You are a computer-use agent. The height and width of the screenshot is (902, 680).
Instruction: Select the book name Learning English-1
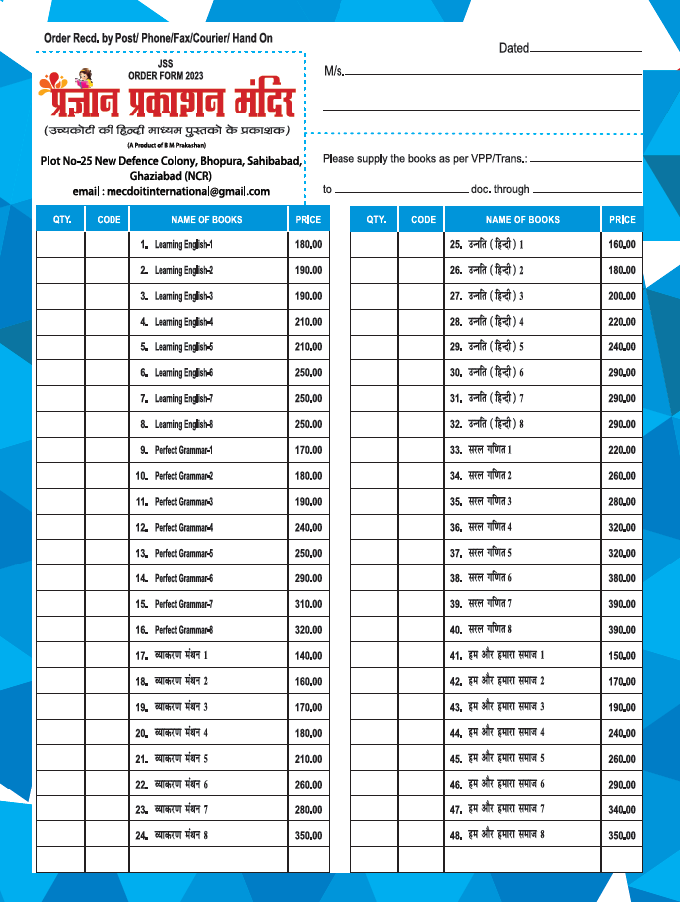coord(184,245)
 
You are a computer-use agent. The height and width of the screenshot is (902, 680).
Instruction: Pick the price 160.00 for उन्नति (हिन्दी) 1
coord(622,245)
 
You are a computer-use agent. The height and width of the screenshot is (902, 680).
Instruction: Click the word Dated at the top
coord(514,48)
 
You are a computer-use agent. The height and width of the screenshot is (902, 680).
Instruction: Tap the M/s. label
coord(334,71)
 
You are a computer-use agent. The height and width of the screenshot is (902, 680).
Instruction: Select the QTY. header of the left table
coord(61,219)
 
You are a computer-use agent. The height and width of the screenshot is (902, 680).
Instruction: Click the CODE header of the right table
coord(423,219)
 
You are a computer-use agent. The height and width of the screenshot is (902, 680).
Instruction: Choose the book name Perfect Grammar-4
coord(184,528)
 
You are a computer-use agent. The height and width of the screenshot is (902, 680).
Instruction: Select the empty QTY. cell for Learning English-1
coord(61,245)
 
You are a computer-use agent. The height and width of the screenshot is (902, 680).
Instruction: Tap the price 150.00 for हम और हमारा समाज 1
coord(622,656)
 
